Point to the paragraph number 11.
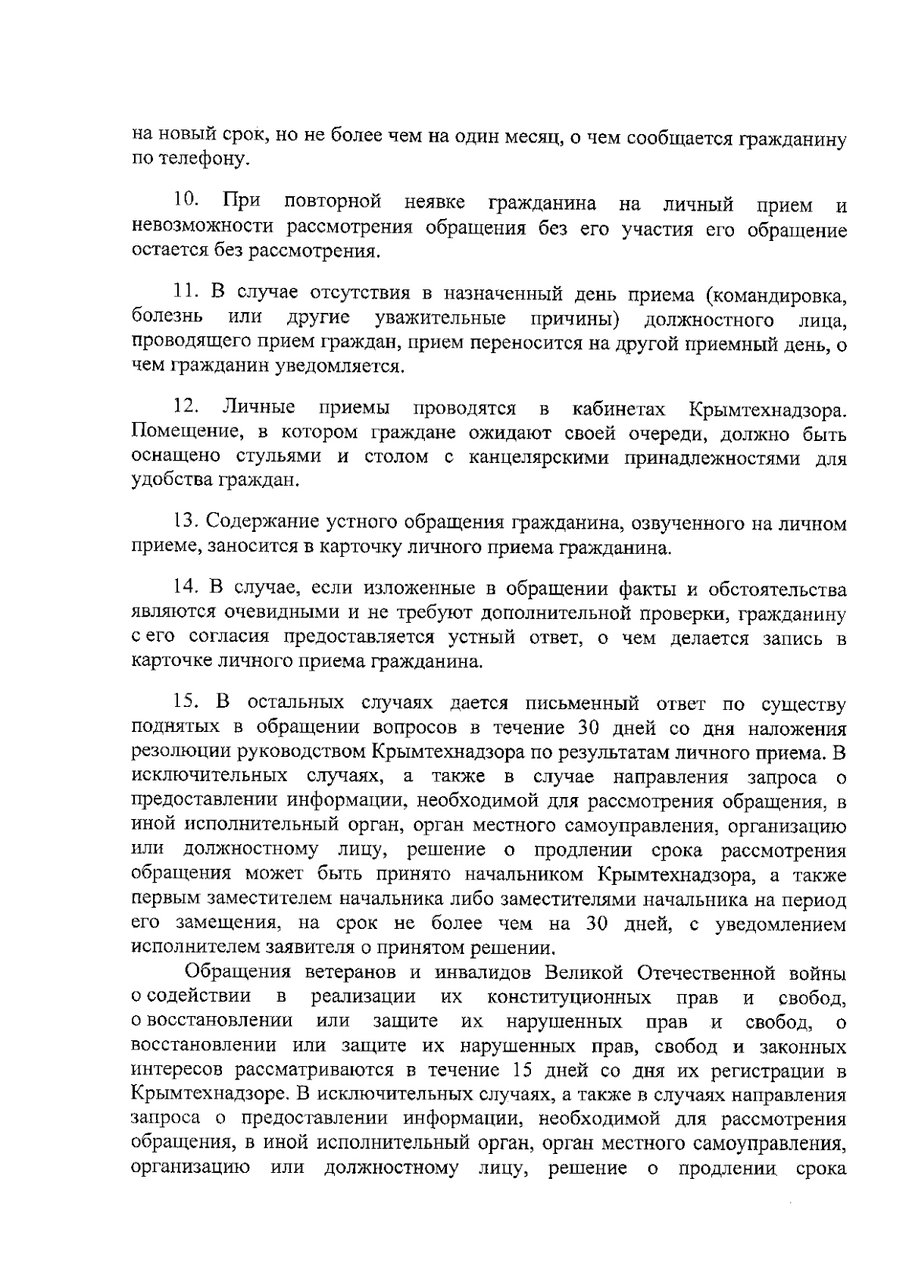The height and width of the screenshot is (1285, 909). [x=186, y=292]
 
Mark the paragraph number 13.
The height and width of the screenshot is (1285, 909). [x=186, y=522]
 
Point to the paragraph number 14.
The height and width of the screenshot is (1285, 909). [x=186, y=589]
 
